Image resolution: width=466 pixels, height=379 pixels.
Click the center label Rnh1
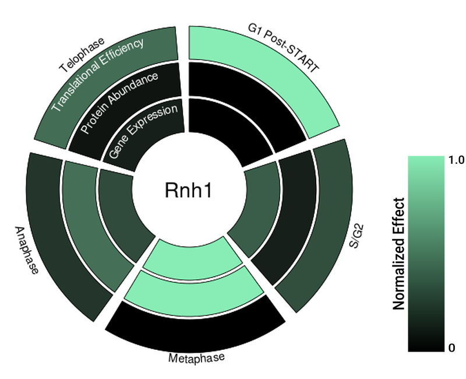point(186,191)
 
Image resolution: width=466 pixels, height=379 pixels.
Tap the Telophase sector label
point(82,55)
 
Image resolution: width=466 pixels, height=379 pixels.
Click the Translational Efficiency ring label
point(97,75)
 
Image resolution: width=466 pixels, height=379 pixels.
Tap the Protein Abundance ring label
point(119,102)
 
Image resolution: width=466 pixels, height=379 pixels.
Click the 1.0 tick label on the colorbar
point(456,160)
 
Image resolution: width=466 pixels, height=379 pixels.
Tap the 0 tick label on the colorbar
point(451,348)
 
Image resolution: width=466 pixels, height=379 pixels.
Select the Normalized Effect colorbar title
point(399,254)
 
